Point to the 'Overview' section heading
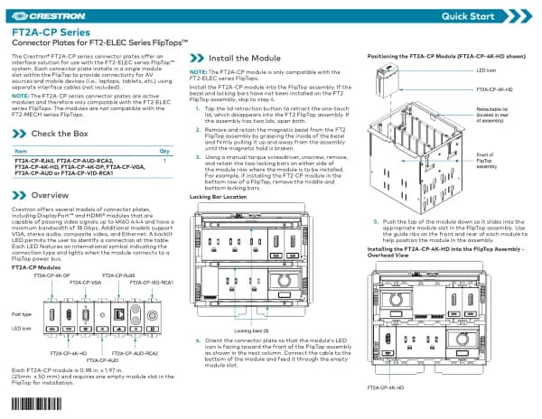(x=51, y=195)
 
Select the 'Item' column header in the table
(x=21, y=151)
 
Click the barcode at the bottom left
(x=33, y=404)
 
